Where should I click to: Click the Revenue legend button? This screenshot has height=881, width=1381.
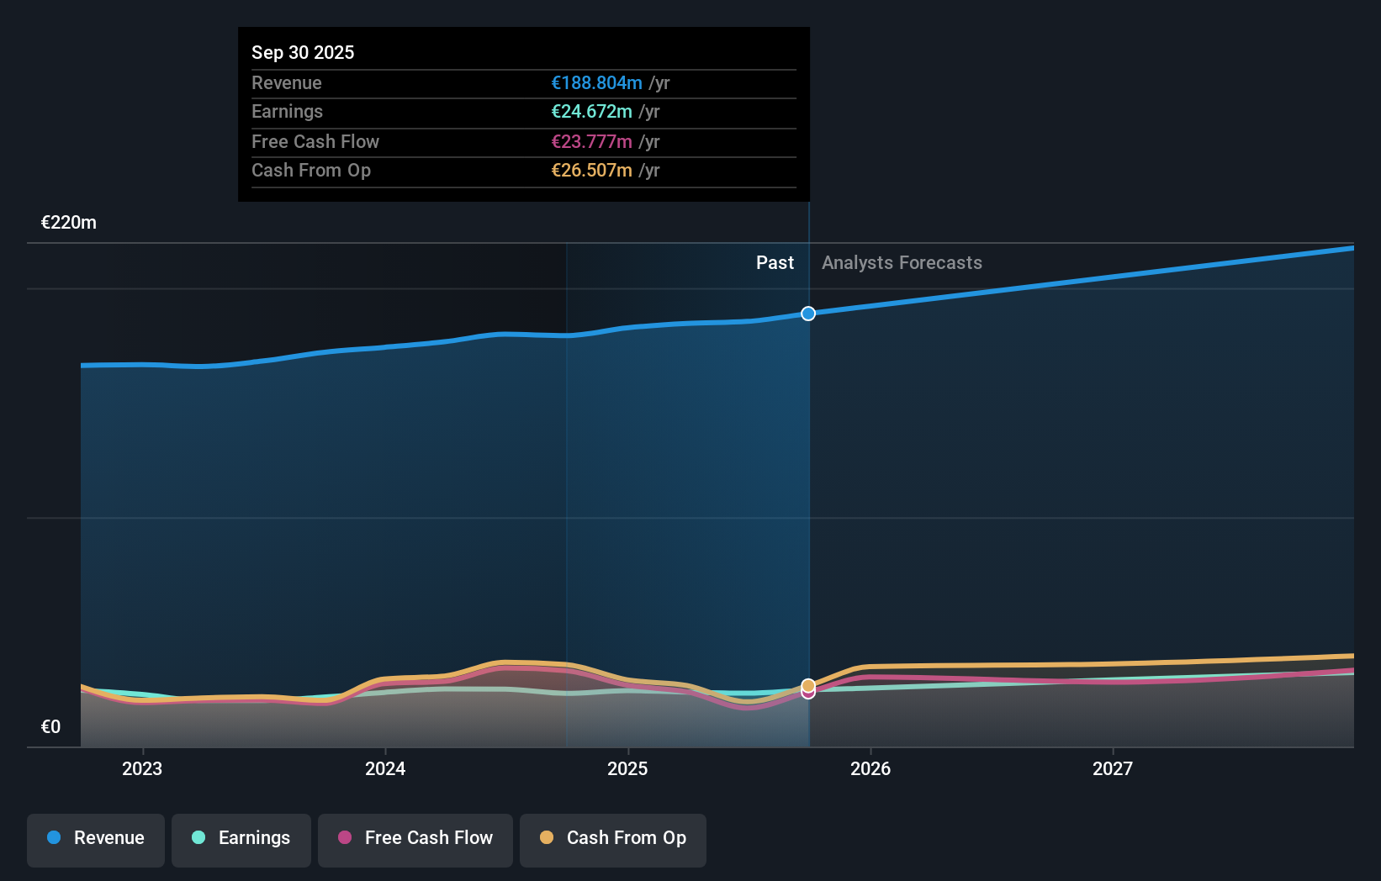click(96, 839)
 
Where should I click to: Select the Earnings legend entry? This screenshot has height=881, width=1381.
click(241, 839)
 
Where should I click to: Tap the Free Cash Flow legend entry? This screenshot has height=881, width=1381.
click(415, 839)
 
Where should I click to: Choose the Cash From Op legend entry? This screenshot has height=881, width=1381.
click(613, 839)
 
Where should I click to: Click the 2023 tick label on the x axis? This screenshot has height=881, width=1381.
click(142, 768)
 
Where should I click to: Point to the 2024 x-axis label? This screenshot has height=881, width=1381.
click(385, 768)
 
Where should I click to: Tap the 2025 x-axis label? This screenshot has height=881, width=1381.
click(627, 768)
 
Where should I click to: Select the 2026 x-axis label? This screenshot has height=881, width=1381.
click(870, 768)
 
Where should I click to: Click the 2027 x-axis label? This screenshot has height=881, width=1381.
click(1113, 768)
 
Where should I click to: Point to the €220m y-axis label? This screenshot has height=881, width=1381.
click(69, 223)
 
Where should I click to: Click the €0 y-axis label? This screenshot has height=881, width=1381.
click(50, 727)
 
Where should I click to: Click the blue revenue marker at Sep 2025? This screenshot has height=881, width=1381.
click(808, 314)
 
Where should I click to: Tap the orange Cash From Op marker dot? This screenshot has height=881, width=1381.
click(808, 685)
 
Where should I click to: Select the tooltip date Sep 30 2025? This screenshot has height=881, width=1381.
click(303, 52)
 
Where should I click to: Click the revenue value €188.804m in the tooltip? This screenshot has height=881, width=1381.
click(596, 82)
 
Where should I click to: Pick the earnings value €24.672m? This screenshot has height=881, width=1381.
click(591, 112)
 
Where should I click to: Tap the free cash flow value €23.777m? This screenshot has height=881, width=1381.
click(591, 141)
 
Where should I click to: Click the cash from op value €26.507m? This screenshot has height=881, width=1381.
click(591, 171)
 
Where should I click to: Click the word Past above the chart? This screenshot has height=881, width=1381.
click(775, 263)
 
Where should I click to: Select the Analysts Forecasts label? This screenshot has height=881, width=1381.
click(902, 263)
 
